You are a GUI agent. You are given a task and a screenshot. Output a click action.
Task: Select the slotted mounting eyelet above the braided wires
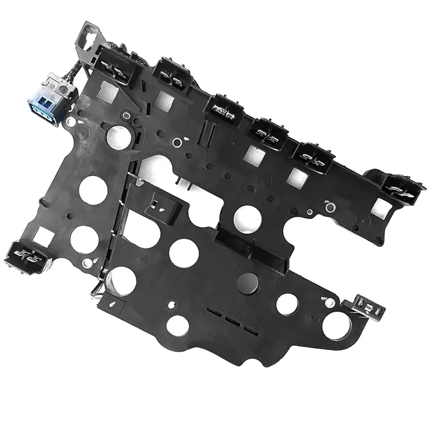tap(87, 35)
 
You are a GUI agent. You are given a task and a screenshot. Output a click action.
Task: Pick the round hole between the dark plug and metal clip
tap(287, 304)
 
